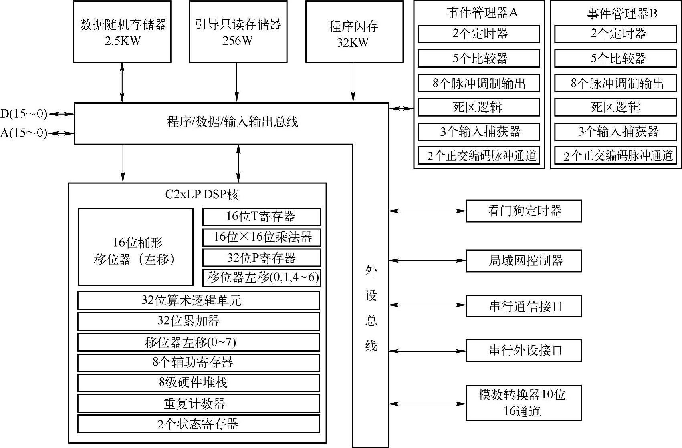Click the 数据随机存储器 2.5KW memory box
click(122, 32)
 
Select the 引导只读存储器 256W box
click(238, 32)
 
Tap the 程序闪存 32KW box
click(354, 32)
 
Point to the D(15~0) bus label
click(24, 114)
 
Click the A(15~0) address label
click(24, 133)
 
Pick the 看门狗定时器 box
click(523, 211)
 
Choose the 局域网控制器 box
click(523, 261)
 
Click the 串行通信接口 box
click(523, 306)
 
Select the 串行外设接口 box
click(523, 351)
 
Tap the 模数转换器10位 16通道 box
click(523, 403)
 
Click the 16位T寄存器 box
click(262, 217)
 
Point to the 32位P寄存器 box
click(262, 257)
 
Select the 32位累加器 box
click(199, 321)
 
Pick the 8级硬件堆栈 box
click(199, 383)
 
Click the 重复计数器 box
click(199, 403)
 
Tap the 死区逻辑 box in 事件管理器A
click(478, 107)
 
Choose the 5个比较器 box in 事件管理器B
click(615, 58)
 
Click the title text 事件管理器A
click(482, 13)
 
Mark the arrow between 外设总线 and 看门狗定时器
click(427, 211)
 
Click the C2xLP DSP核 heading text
click(202, 195)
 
